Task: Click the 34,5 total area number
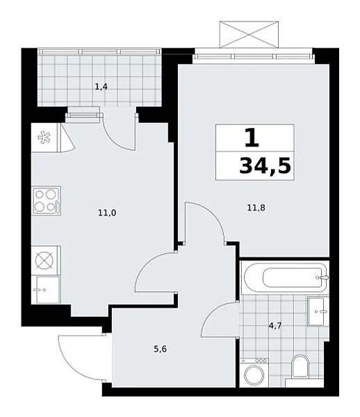[x=265, y=165]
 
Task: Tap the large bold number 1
[x=252, y=138]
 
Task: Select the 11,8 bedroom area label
[x=256, y=208]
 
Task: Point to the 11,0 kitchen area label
[x=107, y=213]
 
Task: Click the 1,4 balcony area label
[x=101, y=87]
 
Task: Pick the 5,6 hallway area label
[x=161, y=349]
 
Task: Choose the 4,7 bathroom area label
[x=275, y=325]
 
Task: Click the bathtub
[x=285, y=278]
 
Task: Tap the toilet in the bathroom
[x=300, y=366]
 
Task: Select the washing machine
[x=254, y=373]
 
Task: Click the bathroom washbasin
[x=318, y=311]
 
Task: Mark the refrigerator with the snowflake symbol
[x=45, y=138]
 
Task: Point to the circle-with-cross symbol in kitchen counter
[x=44, y=260]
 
